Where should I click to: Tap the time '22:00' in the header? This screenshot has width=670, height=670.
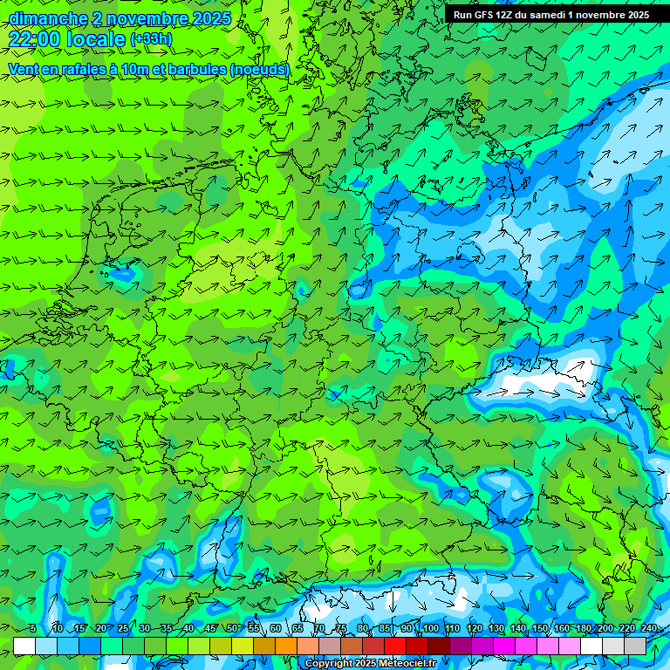point(35,39)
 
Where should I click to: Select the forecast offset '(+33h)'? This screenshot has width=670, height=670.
point(151,39)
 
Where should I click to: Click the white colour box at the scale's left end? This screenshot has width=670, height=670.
point(24,646)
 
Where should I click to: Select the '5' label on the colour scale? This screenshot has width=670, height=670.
point(33,628)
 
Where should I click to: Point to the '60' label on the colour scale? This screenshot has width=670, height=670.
point(276,628)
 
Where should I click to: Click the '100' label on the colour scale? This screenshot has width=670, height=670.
point(430,628)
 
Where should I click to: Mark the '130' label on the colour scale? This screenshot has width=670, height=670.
point(496,628)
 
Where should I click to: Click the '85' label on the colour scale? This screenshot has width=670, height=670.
point(385,628)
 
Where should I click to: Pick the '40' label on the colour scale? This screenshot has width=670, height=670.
point(188,628)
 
